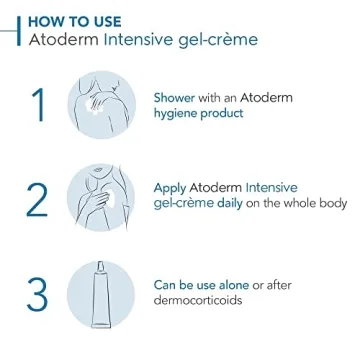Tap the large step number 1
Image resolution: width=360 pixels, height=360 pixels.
(x=37, y=106)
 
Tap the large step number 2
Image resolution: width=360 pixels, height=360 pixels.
(x=37, y=200)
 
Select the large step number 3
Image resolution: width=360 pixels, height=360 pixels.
(x=37, y=294)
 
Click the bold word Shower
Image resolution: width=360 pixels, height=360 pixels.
(x=175, y=98)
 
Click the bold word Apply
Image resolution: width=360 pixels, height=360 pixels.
(x=171, y=187)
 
